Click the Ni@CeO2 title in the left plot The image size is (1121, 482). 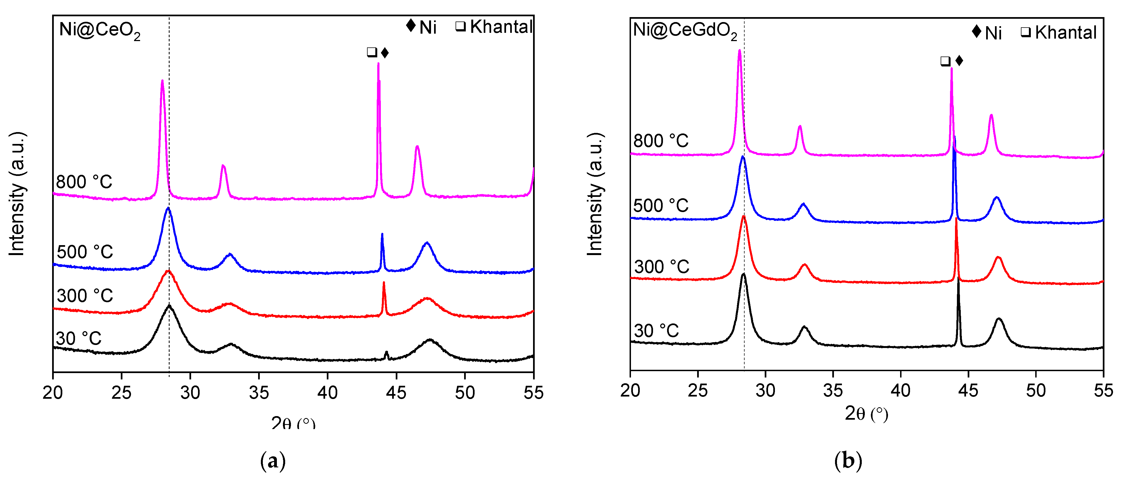(100, 30)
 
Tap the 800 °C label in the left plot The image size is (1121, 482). (84, 182)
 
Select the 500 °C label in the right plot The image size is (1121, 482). (660, 206)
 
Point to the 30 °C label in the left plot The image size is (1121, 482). (79, 338)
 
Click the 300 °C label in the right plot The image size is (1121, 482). (662, 267)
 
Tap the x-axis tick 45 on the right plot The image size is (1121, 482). (968, 391)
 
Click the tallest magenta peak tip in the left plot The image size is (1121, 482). (378, 64)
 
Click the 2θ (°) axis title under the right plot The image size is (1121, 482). (866, 414)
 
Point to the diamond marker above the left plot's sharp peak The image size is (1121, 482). (385, 53)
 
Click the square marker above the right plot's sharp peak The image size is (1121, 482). (945, 61)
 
